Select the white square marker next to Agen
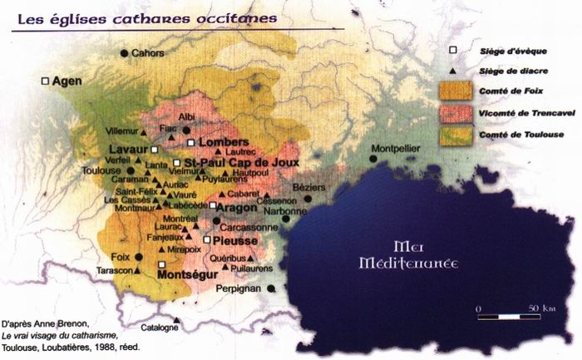[x=45, y=81]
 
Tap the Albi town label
[x=188, y=117]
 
